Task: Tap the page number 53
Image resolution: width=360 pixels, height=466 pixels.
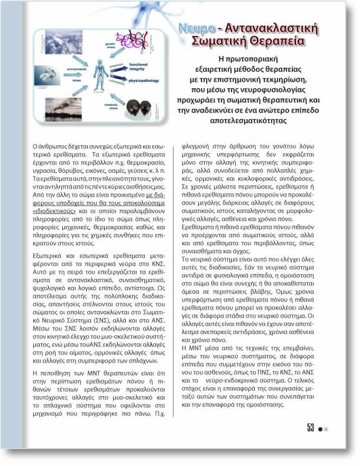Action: (310, 428)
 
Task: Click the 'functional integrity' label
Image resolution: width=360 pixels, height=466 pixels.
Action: (141, 66)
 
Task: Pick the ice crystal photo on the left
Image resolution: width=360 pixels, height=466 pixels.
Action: (47, 75)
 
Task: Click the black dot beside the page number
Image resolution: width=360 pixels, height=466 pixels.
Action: (320, 429)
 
